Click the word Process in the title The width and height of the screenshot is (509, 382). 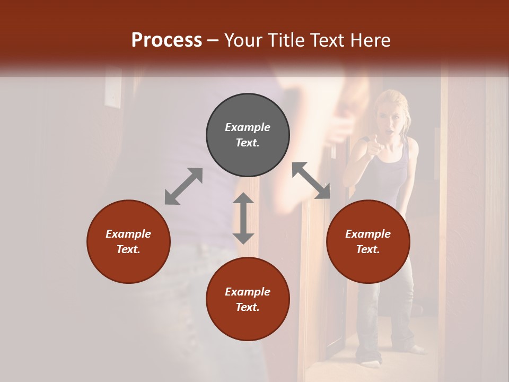click(x=166, y=40)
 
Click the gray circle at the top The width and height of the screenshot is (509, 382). click(x=248, y=135)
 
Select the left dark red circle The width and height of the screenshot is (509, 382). click(x=128, y=241)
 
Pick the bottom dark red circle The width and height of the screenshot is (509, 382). click(x=248, y=299)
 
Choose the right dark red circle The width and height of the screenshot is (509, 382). click(x=367, y=241)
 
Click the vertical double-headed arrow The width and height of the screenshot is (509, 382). click(x=243, y=218)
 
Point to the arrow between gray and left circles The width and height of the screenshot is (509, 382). click(x=183, y=186)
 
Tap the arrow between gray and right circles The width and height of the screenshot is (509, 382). click(x=311, y=180)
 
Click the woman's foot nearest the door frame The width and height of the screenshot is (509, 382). click(x=370, y=362)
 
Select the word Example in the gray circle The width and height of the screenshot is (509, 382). click(x=248, y=127)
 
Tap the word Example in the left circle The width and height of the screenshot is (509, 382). click(x=128, y=234)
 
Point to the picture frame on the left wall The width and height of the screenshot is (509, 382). click(x=113, y=90)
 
